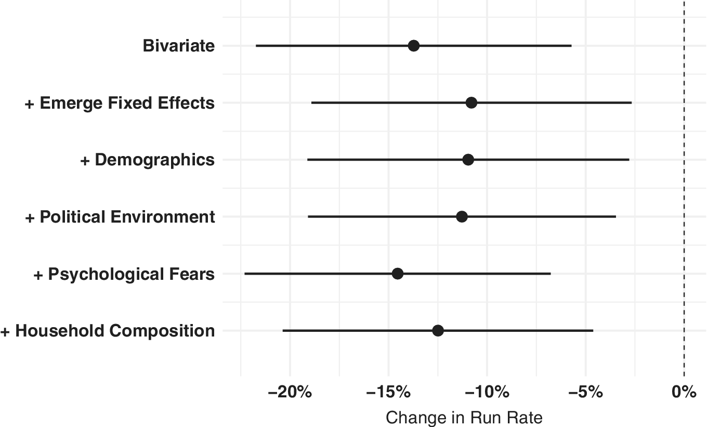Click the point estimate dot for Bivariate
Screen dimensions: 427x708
[x=413, y=46]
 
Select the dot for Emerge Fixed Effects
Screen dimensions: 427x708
[x=471, y=103]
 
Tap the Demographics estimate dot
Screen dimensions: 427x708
[x=468, y=160]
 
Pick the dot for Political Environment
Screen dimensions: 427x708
[x=462, y=216]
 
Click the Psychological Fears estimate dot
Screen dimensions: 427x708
[x=398, y=274]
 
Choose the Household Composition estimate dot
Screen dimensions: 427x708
[x=438, y=331]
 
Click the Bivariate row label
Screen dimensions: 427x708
[x=178, y=46]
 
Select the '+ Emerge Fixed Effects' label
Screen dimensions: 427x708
[x=120, y=103]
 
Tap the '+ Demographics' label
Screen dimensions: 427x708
[x=147, y=160]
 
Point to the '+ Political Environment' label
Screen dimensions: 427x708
[x=120, y=216]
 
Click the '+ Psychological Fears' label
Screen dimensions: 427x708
[x=124, y=274]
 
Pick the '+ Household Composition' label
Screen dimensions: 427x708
[x=108, y=331]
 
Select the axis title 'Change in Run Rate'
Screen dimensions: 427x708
[x=464, y=418]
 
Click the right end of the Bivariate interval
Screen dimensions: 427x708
[x=571, y=46]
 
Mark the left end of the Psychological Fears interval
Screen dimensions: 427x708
[x=245, y=274]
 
